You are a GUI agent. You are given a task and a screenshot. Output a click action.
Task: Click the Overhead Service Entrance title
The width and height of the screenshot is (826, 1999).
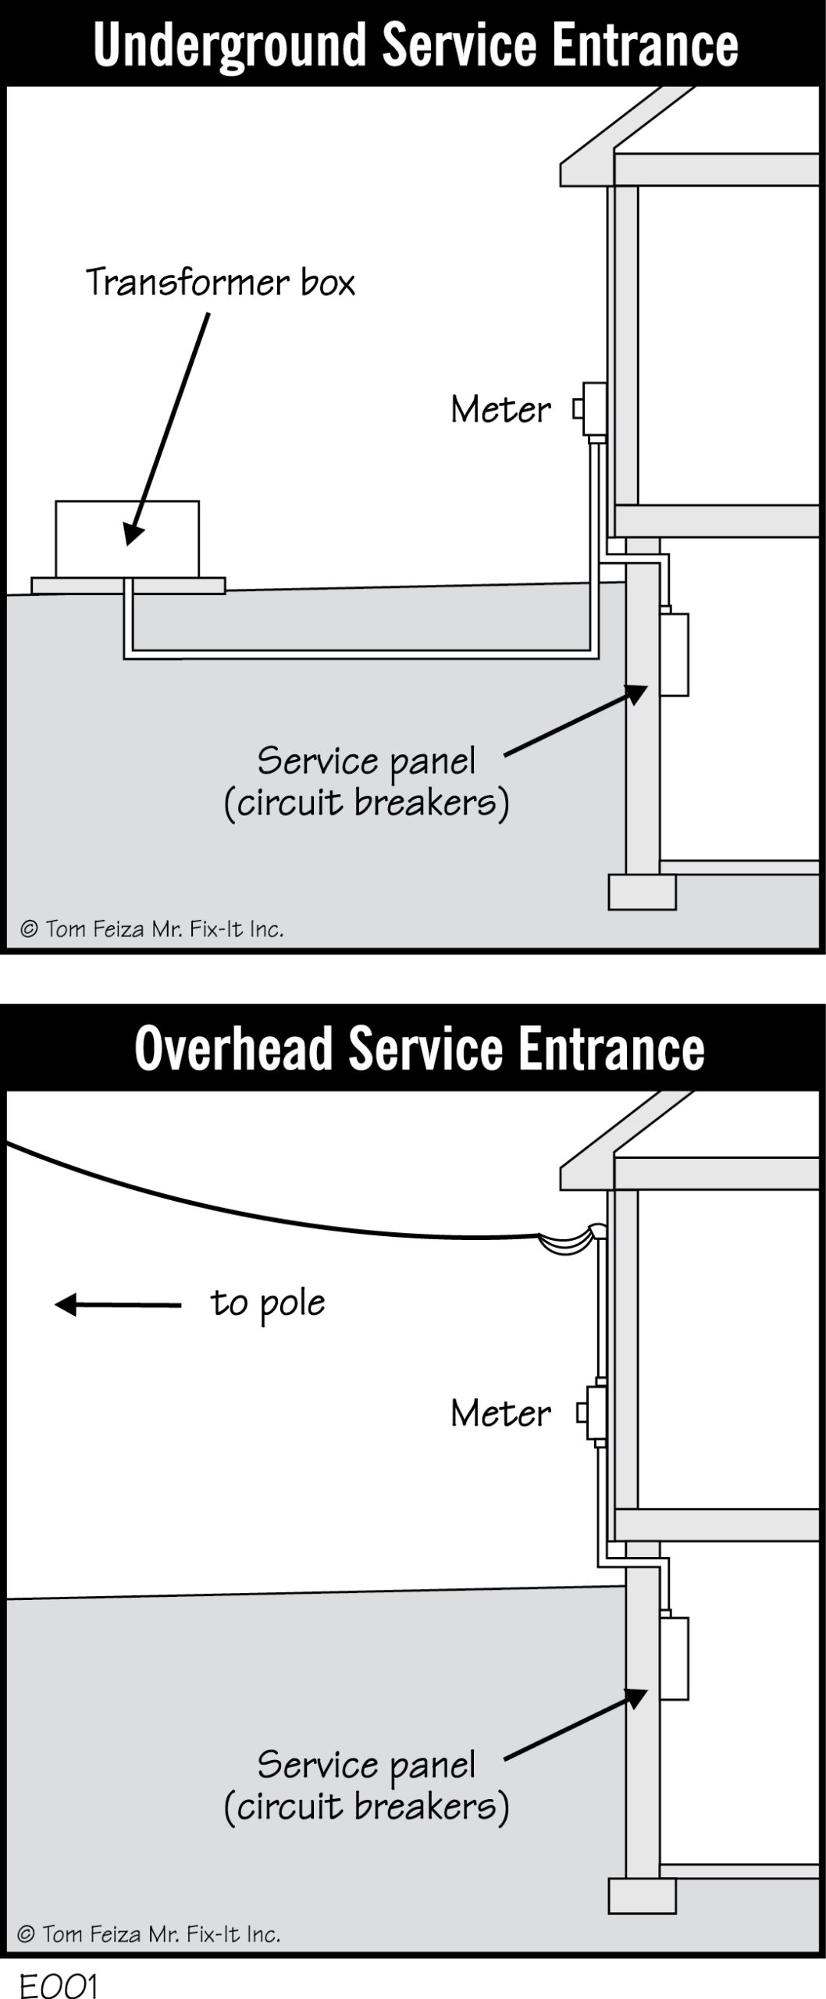419,1048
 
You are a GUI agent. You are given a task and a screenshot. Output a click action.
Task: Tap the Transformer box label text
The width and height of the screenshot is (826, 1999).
219,283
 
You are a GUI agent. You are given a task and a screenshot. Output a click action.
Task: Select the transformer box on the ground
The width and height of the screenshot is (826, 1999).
127,539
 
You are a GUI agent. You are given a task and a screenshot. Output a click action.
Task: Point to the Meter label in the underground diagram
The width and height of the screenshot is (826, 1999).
500,410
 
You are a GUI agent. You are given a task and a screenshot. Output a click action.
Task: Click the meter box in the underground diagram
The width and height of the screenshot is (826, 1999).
594,409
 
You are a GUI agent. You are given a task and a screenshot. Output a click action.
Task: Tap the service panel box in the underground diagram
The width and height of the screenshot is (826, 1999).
675,654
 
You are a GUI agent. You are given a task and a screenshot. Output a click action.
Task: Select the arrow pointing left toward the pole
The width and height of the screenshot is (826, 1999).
117,1304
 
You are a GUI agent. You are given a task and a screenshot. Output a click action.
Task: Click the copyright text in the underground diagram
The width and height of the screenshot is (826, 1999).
151,928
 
